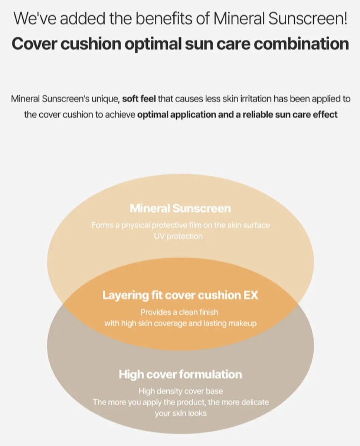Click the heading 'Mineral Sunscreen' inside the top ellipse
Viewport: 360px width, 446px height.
(180, 208)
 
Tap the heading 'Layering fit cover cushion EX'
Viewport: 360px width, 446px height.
(180, 295)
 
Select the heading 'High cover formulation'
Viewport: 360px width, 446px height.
(180, 374)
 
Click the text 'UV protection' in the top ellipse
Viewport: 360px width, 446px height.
(179, 236)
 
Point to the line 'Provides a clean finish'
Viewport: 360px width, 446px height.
(179, 312)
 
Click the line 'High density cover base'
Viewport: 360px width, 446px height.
(181, 391)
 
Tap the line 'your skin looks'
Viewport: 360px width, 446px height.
(180, 413)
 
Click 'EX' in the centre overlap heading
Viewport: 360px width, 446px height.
(250, 295)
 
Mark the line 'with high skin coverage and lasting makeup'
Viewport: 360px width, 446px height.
(180, 323)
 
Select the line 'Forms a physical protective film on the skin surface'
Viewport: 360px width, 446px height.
(181, 225)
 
